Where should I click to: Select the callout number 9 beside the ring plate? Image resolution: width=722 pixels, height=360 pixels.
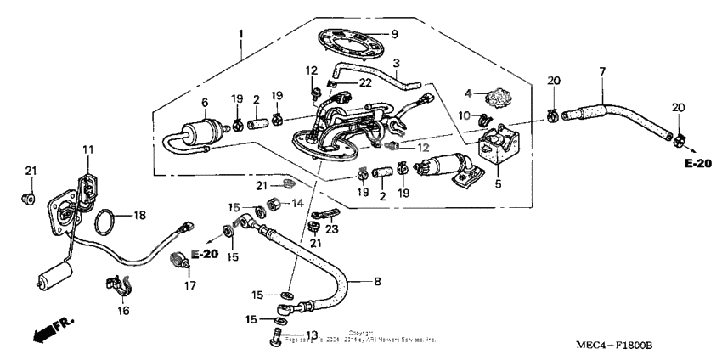[x=394, y=34]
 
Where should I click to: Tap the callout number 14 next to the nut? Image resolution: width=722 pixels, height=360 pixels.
[x=297, y=203]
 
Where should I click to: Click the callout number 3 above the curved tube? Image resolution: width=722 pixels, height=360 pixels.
[x=396, y=64]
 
